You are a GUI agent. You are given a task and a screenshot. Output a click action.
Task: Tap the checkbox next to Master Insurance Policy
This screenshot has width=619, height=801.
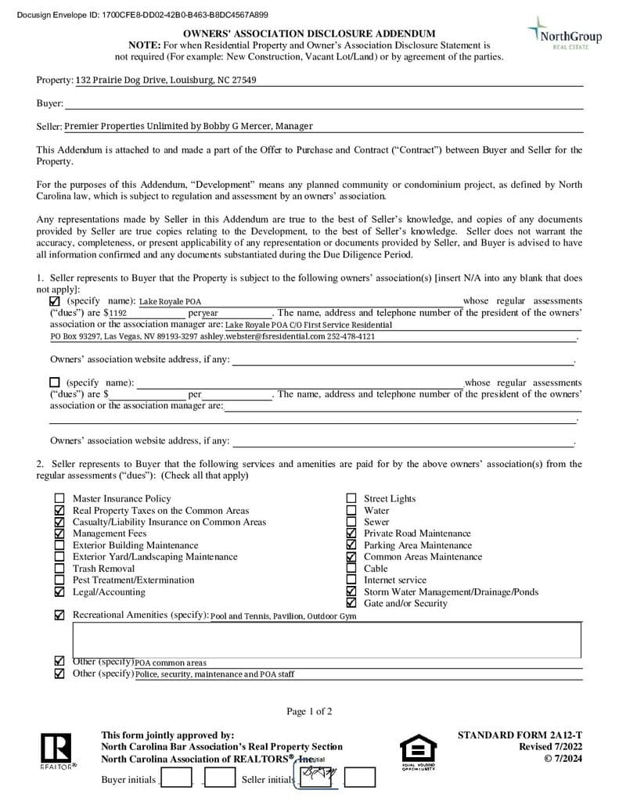59,499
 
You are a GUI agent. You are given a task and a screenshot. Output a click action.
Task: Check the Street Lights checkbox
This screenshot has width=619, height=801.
351,499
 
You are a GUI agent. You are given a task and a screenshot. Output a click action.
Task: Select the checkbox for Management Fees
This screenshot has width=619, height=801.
59,533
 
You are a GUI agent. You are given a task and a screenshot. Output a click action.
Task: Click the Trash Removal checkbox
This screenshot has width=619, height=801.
59,569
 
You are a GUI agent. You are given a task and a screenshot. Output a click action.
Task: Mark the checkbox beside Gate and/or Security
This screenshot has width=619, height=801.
351,603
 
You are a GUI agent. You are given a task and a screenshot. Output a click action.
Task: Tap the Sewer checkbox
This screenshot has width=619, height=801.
351,522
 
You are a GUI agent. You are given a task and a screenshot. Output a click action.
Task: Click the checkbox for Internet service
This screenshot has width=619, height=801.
351,580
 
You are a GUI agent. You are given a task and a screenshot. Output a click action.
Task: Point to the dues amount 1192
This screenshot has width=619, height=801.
118,313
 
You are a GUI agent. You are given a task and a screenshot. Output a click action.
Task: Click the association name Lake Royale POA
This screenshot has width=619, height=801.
170,302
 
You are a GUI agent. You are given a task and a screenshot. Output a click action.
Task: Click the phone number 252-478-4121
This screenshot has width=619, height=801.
351,336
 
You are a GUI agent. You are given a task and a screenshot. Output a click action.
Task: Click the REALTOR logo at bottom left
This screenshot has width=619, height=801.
56,751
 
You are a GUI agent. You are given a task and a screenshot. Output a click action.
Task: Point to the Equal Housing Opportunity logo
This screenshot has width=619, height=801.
418,752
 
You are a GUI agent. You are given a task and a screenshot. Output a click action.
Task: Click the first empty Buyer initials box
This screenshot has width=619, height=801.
176,778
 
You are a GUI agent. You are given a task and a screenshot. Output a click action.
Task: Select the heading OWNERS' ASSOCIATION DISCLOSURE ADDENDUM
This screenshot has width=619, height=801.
309,34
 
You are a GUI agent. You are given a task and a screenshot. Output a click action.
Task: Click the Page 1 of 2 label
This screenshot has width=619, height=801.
309,712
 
